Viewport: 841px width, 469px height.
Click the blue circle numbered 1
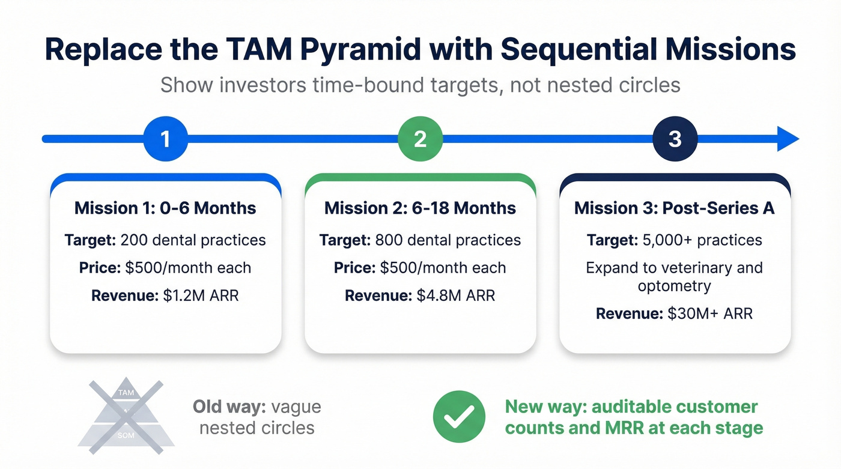(165, 139)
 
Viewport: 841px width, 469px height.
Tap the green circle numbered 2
(420, 139)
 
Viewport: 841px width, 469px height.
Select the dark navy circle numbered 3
(675, 139)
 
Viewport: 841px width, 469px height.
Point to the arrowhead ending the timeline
(788, 139)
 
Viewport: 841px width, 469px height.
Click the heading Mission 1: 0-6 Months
(165, 208)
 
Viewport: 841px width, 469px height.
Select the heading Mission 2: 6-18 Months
(420, 208)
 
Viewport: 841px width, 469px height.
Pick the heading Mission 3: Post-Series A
(675, 208)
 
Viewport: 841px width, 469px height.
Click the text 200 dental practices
(193, 240)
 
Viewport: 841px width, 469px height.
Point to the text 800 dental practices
(448, 240)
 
